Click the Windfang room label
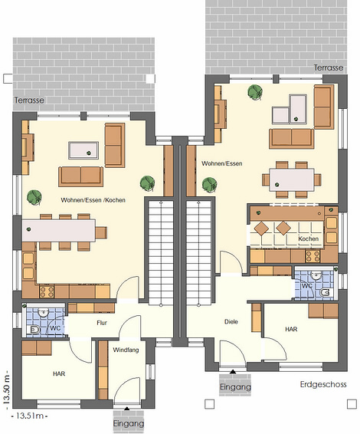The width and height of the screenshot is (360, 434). pos(126,350)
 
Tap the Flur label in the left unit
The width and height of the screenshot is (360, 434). pos(102,323)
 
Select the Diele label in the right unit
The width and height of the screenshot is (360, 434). pos(231,321)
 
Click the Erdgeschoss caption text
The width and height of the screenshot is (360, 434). pos(323,384)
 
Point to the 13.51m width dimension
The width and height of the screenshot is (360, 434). pos(30,416)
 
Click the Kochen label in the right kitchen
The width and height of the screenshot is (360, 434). pos(308,238)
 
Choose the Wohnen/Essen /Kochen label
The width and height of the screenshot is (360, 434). pos(93,200)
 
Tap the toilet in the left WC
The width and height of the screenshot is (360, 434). pos(34,330)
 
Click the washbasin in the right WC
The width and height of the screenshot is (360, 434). pos(316,275)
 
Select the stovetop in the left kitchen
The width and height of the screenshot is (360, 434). pos(47,291)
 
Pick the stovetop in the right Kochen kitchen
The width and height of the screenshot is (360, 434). pos(313,256)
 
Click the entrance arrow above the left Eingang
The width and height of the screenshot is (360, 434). pos(126,408)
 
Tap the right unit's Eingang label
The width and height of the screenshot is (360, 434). pos(235,386)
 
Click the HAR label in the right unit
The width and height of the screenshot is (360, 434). pos(291,329)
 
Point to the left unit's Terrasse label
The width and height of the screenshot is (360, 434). pos(29,100)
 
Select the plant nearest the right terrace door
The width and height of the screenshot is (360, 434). pos(255,92)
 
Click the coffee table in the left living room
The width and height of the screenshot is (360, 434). pos(83,150)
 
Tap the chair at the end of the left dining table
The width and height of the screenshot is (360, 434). pos(101,233)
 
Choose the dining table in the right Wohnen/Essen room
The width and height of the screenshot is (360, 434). pos(292,180)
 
